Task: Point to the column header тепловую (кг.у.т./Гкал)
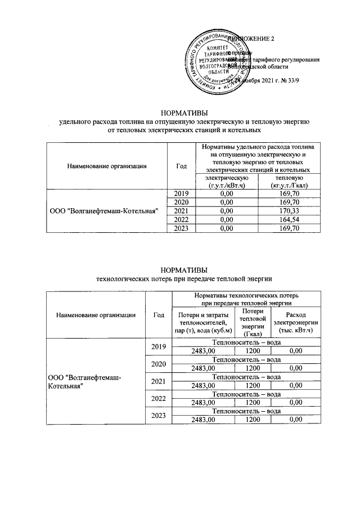(x=288, y=182)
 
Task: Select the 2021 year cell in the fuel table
(x=181, y=210)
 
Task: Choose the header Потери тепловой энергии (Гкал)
(x=246, y=323)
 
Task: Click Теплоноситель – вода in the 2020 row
(x=246, y=359)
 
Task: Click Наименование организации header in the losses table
(x=96, y=315)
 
